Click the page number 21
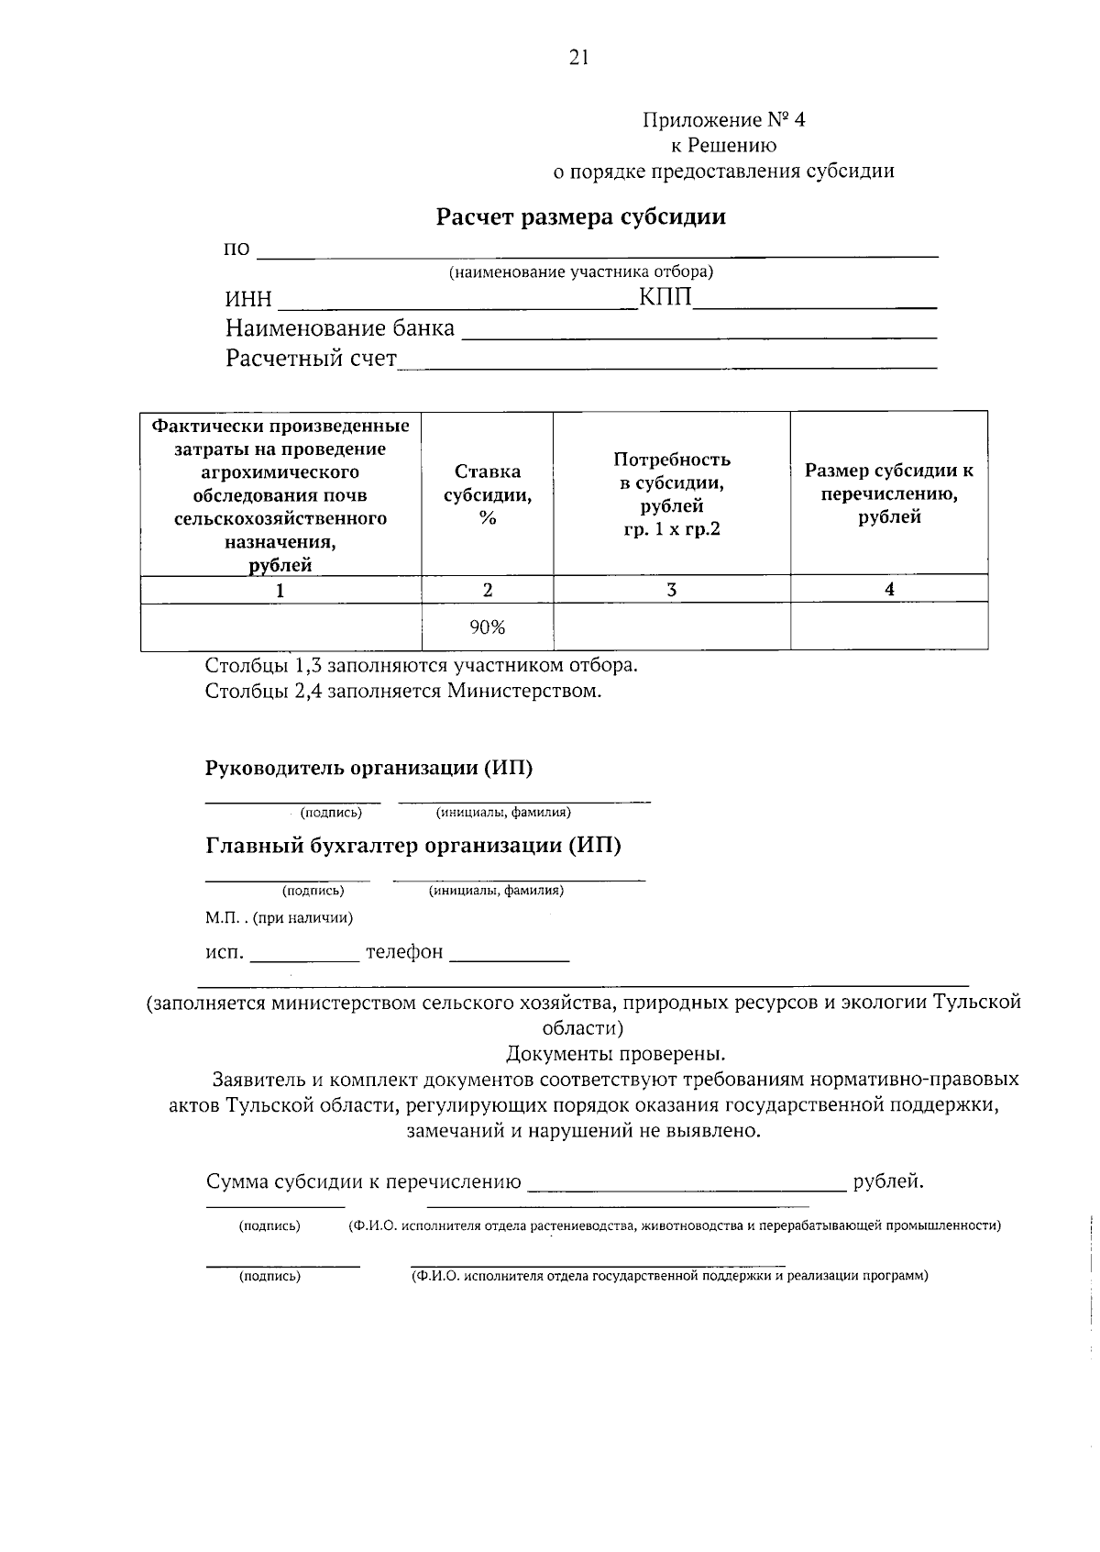[x=578, y=58]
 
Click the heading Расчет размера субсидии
[x=580, y=217]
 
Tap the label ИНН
[x=248, y=300]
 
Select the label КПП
[x=665, y=298]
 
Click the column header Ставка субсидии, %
[x=488, y=494]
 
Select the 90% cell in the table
[x=488, y=627]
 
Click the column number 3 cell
[x=672, y=590]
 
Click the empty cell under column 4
[x=889, y=627]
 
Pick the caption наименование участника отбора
[x=580, y=272]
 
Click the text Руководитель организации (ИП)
[x=368, y=768]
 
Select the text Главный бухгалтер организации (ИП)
[x=413, y=845]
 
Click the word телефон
[x=404, y=952]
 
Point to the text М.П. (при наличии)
[x=279, y=917]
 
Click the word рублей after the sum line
[x=886, y=1181]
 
